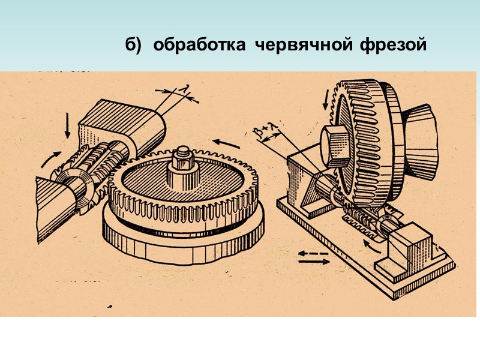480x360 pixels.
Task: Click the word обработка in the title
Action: (196, 45)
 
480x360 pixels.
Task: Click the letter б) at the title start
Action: (133, 46)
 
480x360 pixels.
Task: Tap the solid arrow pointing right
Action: (312, 265)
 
